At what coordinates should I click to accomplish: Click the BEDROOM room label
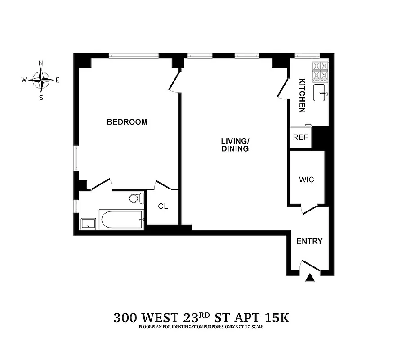coord(127,122)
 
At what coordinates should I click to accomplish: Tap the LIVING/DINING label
coord(235,144)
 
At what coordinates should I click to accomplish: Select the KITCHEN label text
coord(303,95)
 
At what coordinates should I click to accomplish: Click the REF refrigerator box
coord(300,138)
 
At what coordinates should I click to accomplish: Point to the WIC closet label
coord(306,180)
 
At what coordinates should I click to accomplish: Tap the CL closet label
coord(163,207)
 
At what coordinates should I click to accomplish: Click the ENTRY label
coord(309,241)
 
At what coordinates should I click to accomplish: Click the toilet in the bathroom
coord(135,198)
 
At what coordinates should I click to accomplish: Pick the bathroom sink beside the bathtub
coord(88,223)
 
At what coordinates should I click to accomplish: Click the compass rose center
coord(41,80)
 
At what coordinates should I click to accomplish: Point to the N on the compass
coord(41,63)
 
